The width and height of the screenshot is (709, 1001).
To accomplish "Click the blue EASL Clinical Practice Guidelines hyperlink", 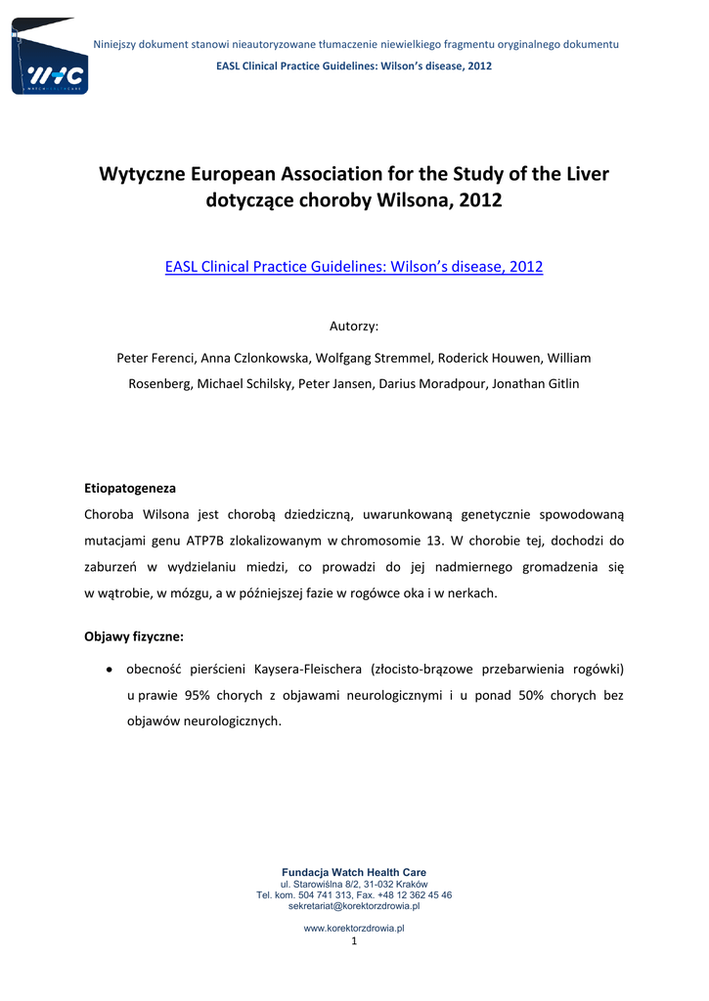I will pos(354,266).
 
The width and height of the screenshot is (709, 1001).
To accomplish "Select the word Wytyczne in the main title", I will pos(145,175).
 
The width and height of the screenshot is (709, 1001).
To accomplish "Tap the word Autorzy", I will pos(354,326).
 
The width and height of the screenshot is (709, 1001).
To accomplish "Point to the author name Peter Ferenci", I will pos(155,358).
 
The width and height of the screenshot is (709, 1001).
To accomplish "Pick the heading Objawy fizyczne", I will pos(134,636).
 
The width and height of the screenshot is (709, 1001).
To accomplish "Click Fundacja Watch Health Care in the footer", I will pos(354,872).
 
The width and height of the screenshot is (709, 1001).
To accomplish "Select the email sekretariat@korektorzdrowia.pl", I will pos(354,906).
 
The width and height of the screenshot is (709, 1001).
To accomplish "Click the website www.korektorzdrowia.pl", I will pos(354,928).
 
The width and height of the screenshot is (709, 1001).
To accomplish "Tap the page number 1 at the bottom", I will pos(354,941).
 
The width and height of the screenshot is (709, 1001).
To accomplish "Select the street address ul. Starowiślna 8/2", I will pos(315,884).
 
